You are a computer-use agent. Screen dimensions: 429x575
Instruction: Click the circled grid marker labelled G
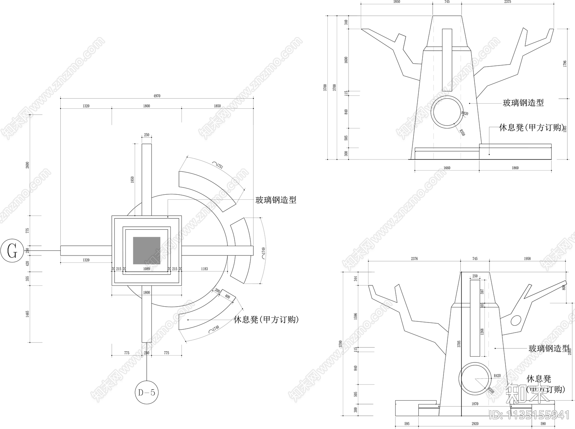pos(12,251)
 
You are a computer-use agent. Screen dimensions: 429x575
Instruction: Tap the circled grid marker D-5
pos(147,392)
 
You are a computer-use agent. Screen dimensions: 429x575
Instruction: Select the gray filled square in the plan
pos(147,250)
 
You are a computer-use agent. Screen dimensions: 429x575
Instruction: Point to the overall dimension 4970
pos(157,96)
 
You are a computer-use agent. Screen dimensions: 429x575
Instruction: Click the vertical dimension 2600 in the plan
pos(28,165)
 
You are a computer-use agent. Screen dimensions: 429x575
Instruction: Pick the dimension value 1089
pos(147,269)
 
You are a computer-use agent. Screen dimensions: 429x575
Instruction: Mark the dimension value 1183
pos(204,269)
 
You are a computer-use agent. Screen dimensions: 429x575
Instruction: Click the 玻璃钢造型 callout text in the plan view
pos(276,200)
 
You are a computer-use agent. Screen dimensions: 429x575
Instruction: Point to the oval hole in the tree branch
pos(516,320)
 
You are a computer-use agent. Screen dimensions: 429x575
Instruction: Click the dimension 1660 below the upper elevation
pos(447,168)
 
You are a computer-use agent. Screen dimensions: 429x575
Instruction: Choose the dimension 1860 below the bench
pos(515,168)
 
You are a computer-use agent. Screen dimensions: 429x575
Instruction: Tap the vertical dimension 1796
pos(565,63)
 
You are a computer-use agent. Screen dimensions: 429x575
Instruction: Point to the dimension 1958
pos(527,259)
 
